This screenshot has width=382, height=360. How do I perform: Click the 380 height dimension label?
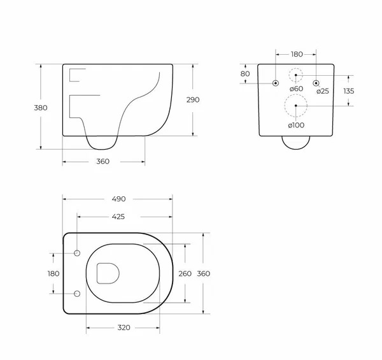tap(41, 108)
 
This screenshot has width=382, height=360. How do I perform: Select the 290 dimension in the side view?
tap(193, 99)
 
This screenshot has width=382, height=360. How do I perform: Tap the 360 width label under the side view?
tap(103, 161)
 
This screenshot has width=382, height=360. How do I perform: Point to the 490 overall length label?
tap(119, 199)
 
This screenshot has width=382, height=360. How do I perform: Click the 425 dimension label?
tap(118, 217)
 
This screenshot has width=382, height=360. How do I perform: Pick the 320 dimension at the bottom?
tap(124, 328)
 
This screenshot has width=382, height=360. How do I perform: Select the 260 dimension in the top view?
tap(185, 274)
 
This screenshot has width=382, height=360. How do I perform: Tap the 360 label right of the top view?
tap(204, 274)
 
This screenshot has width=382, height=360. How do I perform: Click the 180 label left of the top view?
tap(53, 274)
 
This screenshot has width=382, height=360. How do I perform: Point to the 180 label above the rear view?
tap(297, 54)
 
